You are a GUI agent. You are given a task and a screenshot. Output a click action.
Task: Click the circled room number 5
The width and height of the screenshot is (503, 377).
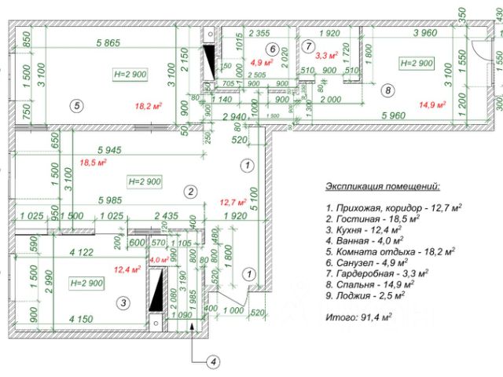(75, 104)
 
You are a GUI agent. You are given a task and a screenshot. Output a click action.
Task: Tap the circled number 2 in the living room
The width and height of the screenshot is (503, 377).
(189, 191)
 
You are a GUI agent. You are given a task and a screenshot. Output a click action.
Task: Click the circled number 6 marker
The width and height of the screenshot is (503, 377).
(272, 49)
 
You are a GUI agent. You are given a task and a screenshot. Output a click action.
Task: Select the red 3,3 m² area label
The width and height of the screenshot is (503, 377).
(326, 56)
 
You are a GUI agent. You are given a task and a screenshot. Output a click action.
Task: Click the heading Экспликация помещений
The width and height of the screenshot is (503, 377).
(383, 187)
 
